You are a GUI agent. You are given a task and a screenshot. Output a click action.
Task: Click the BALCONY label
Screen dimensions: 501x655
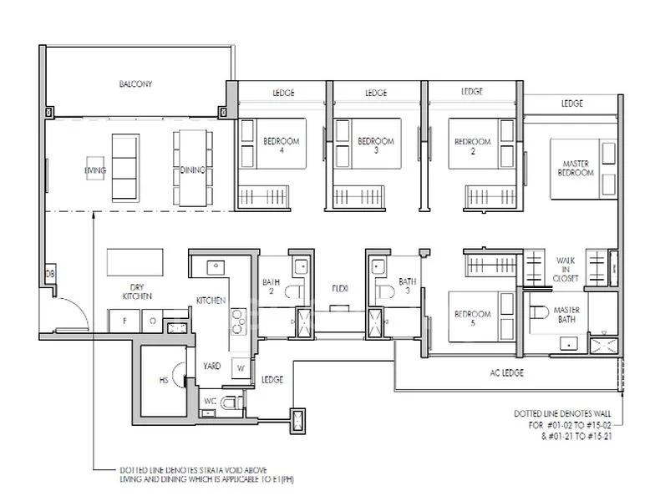pos(135,84)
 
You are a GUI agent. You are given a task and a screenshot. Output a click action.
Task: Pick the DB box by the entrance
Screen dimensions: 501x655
pos(51,274)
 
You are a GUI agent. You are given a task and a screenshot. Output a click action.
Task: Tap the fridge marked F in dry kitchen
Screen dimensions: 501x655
pos(124,321)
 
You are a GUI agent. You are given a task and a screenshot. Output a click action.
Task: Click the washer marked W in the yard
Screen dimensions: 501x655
pos(240,367)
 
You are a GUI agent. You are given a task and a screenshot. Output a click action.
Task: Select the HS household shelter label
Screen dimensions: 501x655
pos(163,381)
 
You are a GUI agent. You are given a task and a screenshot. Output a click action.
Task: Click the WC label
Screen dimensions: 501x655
pos(210,401)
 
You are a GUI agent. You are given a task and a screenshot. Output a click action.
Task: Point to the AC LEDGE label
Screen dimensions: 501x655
pos(506,372)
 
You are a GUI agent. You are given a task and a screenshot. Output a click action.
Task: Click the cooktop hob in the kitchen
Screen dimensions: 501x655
pos(236,319)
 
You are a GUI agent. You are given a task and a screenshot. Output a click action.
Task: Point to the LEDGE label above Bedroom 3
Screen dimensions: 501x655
pos(376,93)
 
